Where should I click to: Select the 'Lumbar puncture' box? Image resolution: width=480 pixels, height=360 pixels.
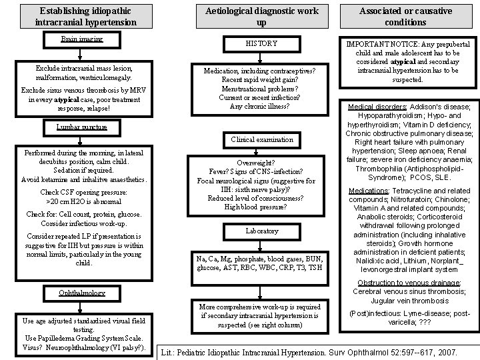[81, 127]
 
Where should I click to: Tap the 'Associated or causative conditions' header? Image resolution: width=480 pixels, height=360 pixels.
[406, 17]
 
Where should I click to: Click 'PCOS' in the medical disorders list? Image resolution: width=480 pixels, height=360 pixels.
[422, 178]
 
